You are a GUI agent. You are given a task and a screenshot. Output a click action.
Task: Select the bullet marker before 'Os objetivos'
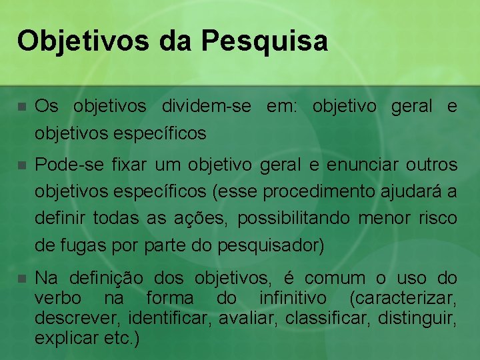point(22,107)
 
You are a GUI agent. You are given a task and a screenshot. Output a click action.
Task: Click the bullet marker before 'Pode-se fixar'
point(22,165)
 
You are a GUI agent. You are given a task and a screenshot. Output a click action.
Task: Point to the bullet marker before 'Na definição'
point(22,278)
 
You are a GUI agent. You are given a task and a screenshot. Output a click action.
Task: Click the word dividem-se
point(209,106)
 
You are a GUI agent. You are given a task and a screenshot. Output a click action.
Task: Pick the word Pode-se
point(66,164)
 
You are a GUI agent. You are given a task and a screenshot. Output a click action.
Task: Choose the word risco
point(437,218)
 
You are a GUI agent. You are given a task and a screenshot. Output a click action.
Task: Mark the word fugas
point(79,245)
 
